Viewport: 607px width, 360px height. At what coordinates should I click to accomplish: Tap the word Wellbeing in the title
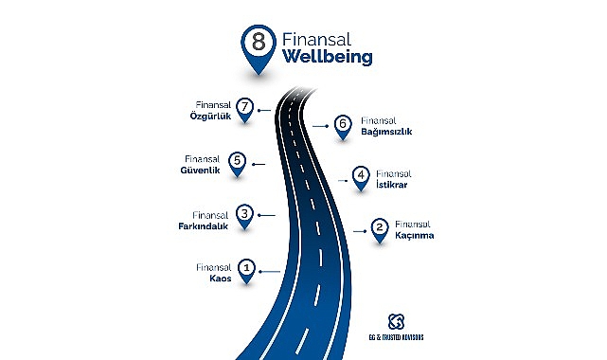(x=327, y=58)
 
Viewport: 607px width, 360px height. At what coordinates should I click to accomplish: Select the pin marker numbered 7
(x=245, y=109)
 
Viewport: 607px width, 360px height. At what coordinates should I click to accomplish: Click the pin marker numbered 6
(x=343, y=124)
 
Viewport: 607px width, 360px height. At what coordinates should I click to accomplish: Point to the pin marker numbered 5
(x=238, y=162)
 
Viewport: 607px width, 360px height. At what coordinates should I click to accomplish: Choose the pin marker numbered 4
(x=361, y=176)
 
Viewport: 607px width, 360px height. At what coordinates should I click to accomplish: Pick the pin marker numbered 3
(x=244, y=215)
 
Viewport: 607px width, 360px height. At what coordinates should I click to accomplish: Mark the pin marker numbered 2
(x=379, y=228)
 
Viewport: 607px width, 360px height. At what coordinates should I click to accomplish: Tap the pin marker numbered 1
(x=246, y=270)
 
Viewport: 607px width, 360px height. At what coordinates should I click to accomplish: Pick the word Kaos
(x=219, y=279)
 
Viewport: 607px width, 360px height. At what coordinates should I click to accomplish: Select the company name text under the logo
(x=395, y=337)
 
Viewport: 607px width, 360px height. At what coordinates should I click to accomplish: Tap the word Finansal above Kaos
(x=214, y=268)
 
